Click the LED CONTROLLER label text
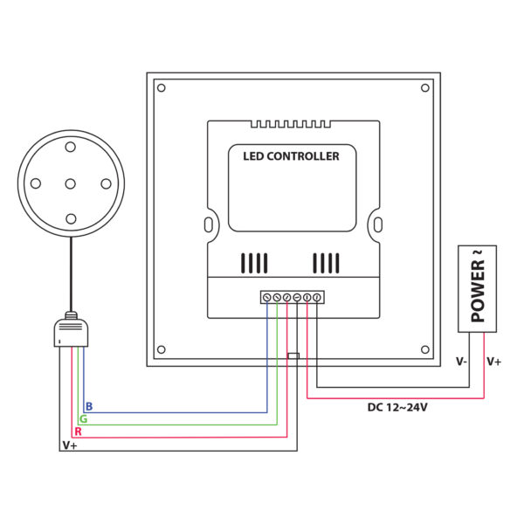[x=291, y=156]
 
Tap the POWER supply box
[x=477, y=289]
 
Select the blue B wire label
[x=89, y=406]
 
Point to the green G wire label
[x=83, y=418]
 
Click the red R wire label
[x=78, y=431]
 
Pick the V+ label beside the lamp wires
[x=70, y=445]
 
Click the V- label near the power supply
[x=461, y=362]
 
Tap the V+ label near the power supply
[x=494, y=362]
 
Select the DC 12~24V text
[x=397, y=407]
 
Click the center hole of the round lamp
[x=70, y=183]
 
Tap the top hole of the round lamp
[x=70, y=147]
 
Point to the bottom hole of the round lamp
[x=71, y=219]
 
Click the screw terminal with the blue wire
[x=266, y=297]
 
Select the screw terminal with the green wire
[x=277, y=297]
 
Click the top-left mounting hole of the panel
[x=161, y=88]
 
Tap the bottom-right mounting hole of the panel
[x=425, y=349]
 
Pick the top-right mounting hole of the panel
[x=425, y=88]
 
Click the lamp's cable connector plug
[x=71, y=329]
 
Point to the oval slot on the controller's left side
[x=208, y=224]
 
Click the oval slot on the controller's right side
[x=378, y=224]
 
